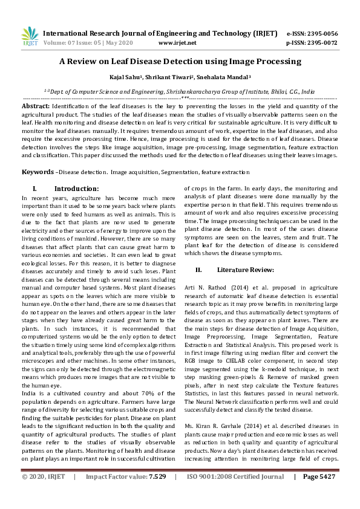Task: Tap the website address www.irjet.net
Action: point(177,43)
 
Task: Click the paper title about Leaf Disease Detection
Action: point(180,62)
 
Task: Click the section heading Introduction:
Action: point(76,189)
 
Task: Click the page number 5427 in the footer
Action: point(323,493)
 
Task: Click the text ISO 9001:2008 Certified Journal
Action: point(233,493)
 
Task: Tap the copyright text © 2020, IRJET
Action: point(44,493)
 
